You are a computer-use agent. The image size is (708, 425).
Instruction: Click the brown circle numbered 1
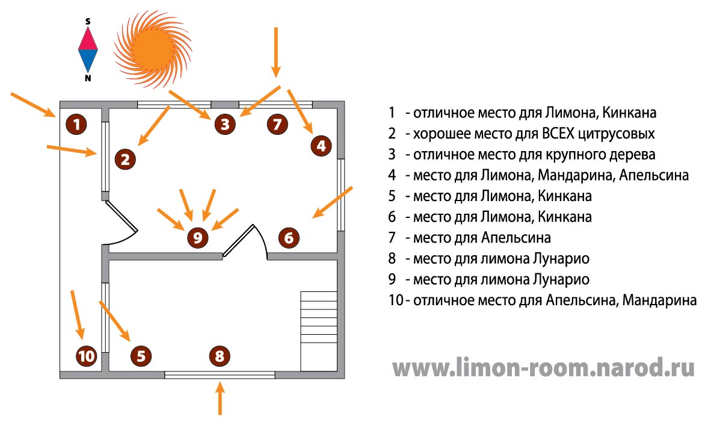click(76, 125)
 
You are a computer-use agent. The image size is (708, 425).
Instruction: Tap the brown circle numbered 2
click(125, 160)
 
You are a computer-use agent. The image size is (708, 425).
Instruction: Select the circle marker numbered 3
click(224, 125)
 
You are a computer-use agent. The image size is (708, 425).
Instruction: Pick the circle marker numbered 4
click(321, 146)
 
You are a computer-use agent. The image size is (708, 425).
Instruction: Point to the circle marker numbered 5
click(141, 356)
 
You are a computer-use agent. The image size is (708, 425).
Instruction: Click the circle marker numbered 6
click(289, 238)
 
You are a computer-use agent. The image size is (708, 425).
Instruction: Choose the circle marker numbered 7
click(276, 125)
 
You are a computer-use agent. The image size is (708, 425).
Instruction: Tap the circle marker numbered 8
click(219, 356)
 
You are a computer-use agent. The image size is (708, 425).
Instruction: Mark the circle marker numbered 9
click(197, 238)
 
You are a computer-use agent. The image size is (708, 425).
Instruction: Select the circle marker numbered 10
click(87, 356)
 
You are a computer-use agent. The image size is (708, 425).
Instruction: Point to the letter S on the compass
click(88, 21)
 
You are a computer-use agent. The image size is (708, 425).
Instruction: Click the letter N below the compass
click(88, 78)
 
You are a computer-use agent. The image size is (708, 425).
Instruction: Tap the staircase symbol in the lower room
click(318, 330)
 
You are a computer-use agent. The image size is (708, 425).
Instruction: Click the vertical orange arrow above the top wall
click(277, 51)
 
